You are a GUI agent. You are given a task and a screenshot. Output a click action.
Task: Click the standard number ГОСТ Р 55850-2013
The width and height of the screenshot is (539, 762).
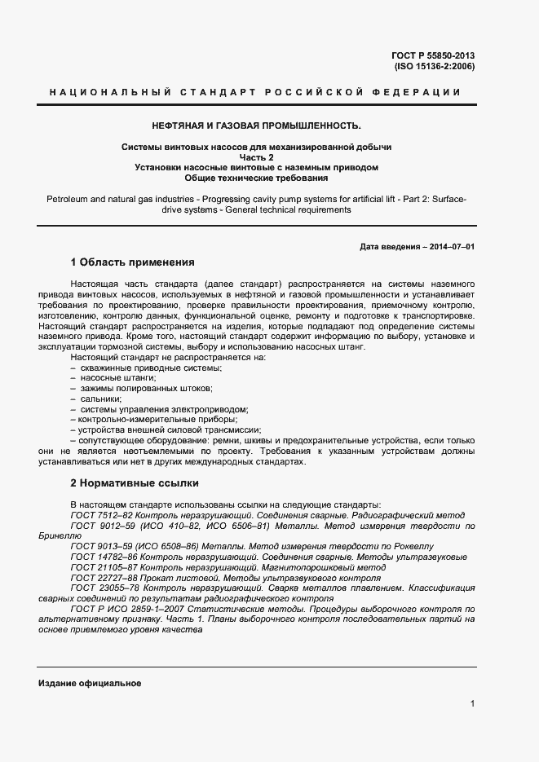(433, 55)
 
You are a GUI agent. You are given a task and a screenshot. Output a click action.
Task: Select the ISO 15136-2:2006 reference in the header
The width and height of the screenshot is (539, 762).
(434, 66)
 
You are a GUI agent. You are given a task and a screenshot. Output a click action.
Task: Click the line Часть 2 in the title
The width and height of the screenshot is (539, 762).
(256, 156)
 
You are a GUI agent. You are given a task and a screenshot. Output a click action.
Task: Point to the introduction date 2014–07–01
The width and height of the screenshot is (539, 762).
(452, 246)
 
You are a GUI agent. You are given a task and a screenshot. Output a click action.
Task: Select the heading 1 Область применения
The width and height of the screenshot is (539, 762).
(132, 262)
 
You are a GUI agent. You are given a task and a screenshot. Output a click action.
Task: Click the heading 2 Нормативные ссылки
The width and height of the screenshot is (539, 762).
(135, 483)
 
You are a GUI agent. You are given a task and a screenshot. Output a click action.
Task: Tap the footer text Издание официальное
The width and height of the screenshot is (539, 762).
(90, 683)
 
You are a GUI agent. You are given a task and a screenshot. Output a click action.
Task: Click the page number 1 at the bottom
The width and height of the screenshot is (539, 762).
(472, 703)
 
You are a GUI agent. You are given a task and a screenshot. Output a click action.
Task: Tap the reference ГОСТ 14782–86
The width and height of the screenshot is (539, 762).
(103, 557)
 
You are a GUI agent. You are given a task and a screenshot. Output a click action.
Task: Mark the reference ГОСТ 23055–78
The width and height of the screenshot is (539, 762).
(103, 588)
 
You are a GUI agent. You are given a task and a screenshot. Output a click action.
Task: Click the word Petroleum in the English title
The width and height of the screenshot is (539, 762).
(68, 198)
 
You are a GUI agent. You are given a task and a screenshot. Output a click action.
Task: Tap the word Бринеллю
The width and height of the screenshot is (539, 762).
(59, 536)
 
